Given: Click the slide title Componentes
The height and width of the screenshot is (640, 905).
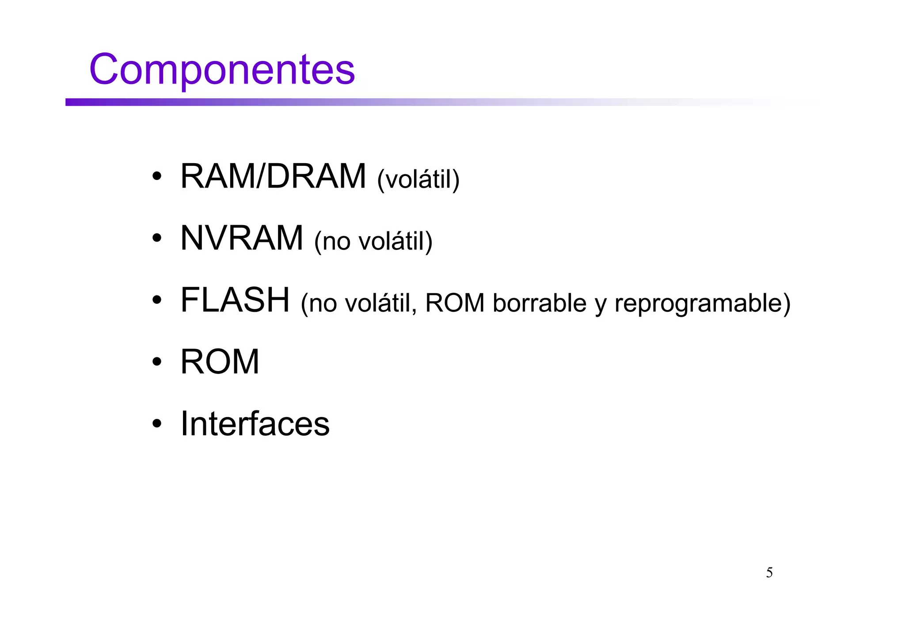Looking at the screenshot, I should pos(222,69).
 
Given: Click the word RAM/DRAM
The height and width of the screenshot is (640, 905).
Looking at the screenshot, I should pos(273,176).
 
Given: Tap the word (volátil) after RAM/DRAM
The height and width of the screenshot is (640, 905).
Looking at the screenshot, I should pos(418,179).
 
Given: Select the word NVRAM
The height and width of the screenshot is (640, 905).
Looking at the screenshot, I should pos(242,238).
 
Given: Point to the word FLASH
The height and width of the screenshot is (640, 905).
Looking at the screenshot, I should pos(235,300).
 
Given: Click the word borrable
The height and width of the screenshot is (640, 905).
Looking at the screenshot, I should pos(539,303).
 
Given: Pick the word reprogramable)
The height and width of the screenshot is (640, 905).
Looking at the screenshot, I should pos(702,304).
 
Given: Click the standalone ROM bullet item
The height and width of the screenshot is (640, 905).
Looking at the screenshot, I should pos(220,362).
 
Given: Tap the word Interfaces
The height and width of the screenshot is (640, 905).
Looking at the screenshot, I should pos(255,424).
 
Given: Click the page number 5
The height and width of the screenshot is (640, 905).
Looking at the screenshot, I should pos(769,573).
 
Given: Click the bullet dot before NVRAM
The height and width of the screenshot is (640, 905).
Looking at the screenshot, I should pos(156,239).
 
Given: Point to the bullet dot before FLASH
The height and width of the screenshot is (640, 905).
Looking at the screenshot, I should pos(156,301).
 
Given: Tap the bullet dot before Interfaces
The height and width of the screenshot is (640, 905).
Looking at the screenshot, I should pos(156,424).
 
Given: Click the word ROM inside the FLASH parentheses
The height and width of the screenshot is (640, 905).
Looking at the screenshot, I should pos(455,303).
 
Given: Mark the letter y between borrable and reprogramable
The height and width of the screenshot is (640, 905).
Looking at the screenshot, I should pos(600,305).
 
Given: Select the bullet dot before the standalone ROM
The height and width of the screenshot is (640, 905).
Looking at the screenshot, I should pos(156,362).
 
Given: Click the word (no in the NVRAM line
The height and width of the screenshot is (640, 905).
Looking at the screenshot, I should pos(332,241).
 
